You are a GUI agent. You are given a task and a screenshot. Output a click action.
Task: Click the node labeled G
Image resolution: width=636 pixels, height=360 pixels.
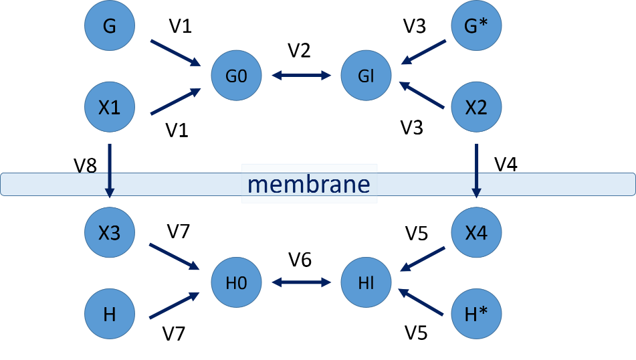click(x=110, y=26)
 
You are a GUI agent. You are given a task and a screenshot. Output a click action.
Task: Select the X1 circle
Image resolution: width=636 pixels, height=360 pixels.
click(x=110, y=106)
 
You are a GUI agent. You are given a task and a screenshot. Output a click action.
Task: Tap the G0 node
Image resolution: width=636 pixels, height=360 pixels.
click(x=237, y=76)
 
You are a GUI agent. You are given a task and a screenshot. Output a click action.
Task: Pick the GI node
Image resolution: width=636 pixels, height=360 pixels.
click(x=366, y=76)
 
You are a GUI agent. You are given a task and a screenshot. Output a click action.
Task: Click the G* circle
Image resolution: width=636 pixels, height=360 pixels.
click(x=475, y=26)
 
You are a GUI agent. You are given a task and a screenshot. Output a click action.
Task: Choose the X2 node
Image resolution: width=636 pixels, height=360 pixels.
click(x=475, y=106)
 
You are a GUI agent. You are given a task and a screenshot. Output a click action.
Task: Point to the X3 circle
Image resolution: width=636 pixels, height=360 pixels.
click(x=110, y=233)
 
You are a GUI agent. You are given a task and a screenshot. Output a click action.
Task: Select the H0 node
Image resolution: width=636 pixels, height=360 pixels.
click(x=237, y=282)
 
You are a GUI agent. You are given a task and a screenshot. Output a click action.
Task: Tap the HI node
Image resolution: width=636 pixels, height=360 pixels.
click(x=366, y=282)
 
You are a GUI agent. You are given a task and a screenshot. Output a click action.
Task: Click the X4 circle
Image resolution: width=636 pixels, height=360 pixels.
click(x=475, y=233)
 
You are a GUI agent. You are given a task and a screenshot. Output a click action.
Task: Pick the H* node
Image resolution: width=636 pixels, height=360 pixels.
click(x=475, y=313)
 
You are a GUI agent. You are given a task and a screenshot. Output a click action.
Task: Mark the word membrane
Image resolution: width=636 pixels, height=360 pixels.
click(x=309, y=183)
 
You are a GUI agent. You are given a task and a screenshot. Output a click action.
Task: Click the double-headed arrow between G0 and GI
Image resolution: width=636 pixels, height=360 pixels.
click(x=302, y=76)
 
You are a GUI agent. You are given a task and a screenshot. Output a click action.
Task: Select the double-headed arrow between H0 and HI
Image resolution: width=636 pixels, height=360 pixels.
click(x=302, y=282)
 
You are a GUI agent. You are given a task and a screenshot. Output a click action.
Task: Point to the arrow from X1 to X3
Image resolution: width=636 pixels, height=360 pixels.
click(x=110, y=170)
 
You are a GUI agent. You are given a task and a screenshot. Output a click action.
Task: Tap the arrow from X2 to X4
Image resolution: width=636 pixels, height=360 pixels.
click(x=476, y=170)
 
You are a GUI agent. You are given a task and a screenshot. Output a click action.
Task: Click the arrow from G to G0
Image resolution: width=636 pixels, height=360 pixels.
click(x=175, y=53)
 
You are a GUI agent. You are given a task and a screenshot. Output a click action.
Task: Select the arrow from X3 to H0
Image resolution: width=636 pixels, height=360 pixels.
click(x=174, y=257)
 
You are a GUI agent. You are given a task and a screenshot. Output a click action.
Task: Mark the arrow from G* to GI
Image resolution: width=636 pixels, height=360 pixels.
click(x=423, y=52)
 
